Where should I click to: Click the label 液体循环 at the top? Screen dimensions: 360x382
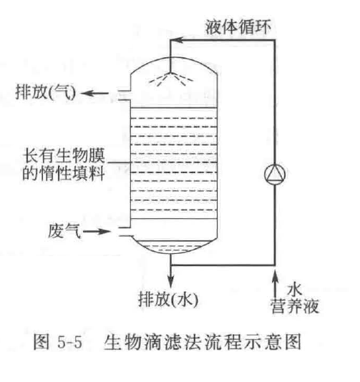[x=238, y=26]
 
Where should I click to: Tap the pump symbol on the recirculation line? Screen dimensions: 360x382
[x=275, y=174]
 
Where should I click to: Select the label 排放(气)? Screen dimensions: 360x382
[x=46, y=92]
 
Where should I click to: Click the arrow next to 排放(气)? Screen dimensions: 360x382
[x=94, y=93]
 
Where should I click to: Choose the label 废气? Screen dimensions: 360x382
[x=64, y=231]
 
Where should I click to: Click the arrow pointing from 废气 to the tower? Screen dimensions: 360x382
[x=97, y=231]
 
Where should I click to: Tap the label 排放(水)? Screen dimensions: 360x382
[x=168, y=300]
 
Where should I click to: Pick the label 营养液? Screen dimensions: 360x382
[x=295, y=305]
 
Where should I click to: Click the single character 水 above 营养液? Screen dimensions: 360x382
[x=295, y=290]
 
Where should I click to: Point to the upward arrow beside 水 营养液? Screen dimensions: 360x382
[x=275, y=284]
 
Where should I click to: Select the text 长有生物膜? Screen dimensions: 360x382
[x=64, y=155]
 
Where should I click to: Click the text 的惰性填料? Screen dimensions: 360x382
[x=64, y=173]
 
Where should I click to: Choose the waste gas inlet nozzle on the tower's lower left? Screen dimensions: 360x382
[x=125, y=232]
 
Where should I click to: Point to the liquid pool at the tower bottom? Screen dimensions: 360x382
[x=171, y=247]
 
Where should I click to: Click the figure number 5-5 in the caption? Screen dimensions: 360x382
[x=69, y=342]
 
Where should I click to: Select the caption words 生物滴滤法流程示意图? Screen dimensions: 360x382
[x=203, y=342]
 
